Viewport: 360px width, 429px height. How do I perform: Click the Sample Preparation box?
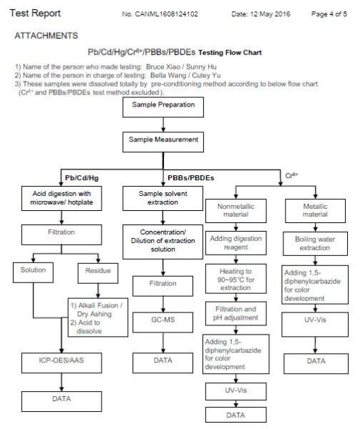click(163, 107)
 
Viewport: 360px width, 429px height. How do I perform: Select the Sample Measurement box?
click(163, 142)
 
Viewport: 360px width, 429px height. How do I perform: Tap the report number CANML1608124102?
click(167, 14)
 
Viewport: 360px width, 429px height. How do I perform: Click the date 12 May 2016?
click(271, 14)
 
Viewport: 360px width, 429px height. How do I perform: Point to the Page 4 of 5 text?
click(329, 14)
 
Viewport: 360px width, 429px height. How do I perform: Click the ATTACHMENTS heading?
click(47, 36)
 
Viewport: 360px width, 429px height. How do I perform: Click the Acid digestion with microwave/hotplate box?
click(62, 198)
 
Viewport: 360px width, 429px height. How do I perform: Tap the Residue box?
click(98, 273)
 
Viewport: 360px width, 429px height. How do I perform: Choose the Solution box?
click(33, 272)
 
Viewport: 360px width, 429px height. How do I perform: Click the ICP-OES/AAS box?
click(62, 363)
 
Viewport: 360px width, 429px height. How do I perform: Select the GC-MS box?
click(163, 322)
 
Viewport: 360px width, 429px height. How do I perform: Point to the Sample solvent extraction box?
click(163, 198)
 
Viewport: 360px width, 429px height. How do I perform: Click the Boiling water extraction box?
click(316, 244)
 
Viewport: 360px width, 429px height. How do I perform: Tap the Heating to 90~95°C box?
click(236, 279)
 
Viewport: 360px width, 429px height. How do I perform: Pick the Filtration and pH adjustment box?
click(236, 314)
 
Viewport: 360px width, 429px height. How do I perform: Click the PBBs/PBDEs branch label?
click(191, 178)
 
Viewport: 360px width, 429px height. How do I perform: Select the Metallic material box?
click(316, 211)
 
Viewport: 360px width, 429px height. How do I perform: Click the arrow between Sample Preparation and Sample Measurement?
click(163, 124)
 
